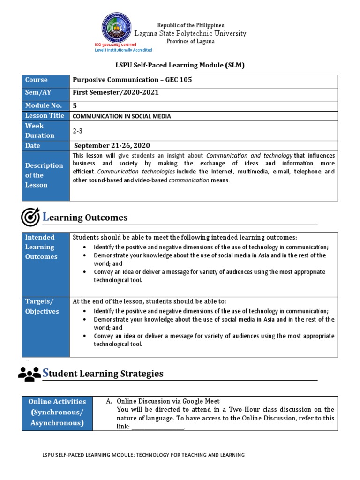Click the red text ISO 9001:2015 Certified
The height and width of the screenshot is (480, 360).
[x=115, y=45]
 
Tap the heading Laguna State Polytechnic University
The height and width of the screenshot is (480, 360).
[x=190, y=33]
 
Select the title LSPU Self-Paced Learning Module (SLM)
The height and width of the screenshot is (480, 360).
[x=180, y=65]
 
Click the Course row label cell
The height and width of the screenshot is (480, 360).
[x=46, y=80]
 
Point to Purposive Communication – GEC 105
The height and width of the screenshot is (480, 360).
[x=132, y=80]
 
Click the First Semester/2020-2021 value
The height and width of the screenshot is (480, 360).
[x=115, y=92]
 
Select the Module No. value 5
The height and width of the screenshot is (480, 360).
[x=75, y=105]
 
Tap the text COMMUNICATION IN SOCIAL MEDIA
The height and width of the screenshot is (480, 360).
[x=121, y=116]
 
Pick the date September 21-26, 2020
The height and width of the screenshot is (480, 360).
[x=112, y=146]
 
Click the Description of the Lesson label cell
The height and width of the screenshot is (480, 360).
[x=46, y=175]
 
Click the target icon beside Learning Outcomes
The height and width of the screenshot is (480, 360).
[x=30, y=217]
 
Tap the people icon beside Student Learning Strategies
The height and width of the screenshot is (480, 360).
[x=30, y=373]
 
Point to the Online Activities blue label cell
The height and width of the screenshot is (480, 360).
[x=57, y=412]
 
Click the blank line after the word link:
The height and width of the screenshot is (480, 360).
[x=157, y=427]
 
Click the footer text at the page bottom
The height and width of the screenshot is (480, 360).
[x=143, y=455]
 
